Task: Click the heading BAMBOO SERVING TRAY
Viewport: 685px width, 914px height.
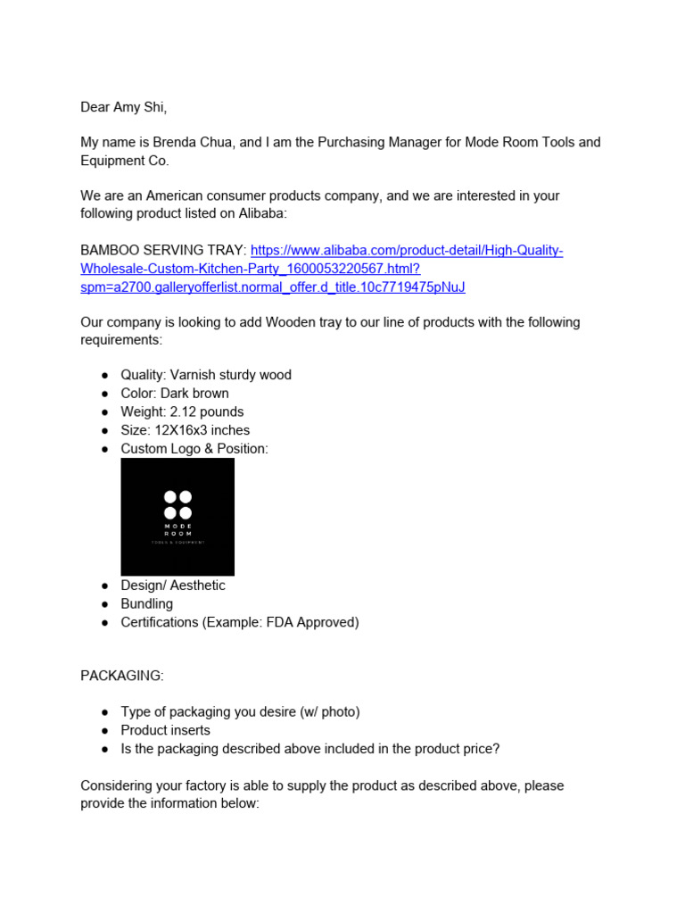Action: coord(163,251)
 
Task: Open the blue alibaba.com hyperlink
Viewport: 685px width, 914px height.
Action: coord(406,251)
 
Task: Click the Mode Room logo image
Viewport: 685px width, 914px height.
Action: coord(177,517)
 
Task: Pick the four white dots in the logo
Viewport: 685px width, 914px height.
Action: coord(177,504)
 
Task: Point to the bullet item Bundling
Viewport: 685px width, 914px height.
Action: coord(147,604)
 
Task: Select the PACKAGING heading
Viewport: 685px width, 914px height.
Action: coord(122,676)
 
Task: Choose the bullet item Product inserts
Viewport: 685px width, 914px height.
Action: coord(166,730)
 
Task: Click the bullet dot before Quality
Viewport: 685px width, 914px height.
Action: coord(105,376)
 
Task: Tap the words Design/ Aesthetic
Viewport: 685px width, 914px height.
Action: coord(173,586)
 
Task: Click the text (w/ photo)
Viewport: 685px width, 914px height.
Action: coord(329,712)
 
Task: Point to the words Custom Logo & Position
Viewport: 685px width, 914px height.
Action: coord(194,449)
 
